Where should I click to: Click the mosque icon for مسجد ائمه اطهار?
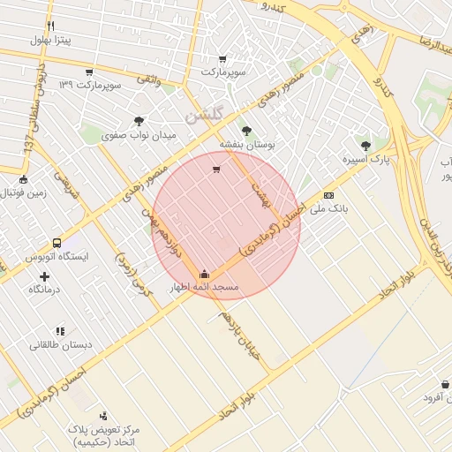[x=205, y=274]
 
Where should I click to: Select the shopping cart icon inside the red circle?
[x=216, y=169]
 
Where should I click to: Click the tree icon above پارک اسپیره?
[x=365, y=145]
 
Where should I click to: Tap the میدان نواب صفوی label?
[x=139, y=136]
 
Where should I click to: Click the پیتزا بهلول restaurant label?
[x=49, y=40]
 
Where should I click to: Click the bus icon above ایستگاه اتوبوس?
[x=56, y=243]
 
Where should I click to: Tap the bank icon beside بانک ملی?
[x=328, y=195]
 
